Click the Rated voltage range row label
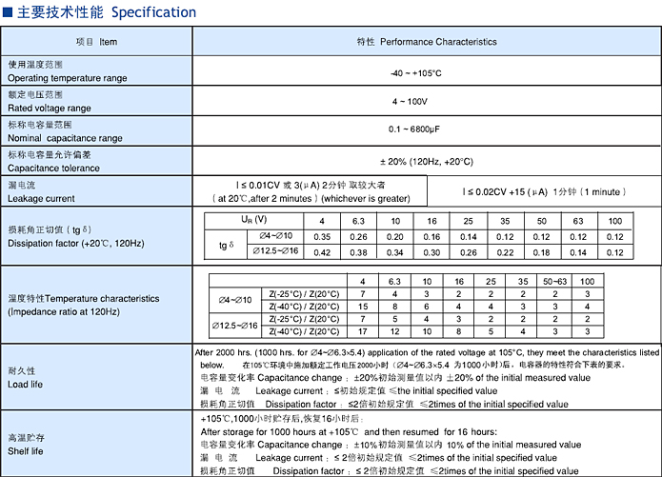49,109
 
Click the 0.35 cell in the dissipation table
322,236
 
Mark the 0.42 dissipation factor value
322,252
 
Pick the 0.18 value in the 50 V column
542,252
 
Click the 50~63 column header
553,282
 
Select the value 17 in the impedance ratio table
362,331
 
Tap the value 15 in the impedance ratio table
362,307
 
